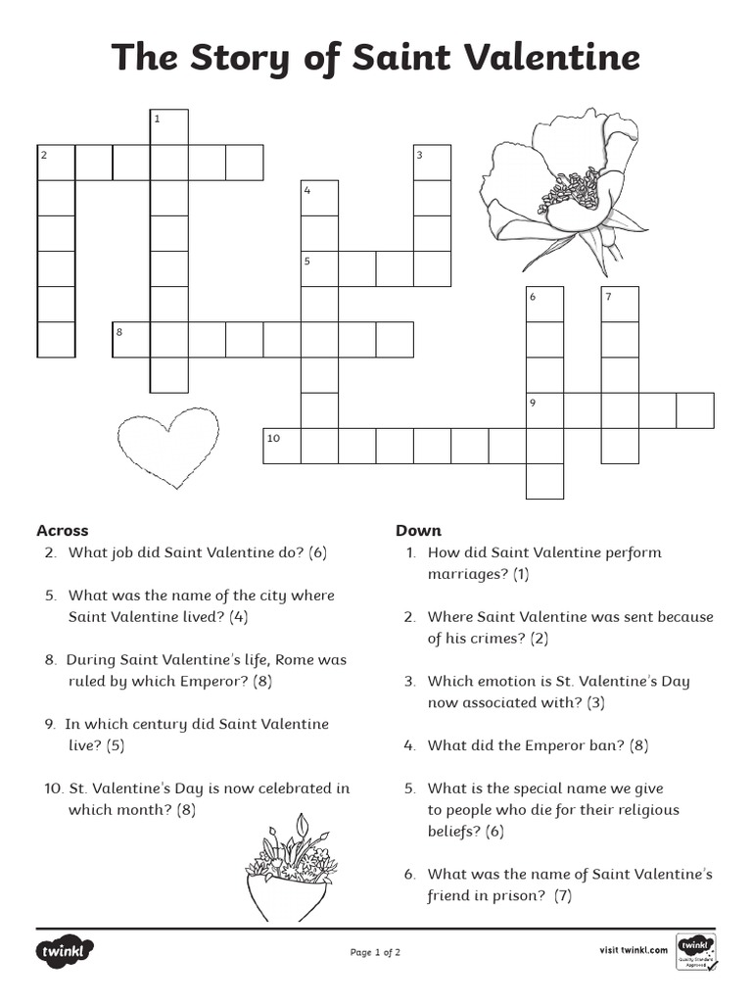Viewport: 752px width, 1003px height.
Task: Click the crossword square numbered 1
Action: [168, 127]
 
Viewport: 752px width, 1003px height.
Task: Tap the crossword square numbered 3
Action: [432, 163]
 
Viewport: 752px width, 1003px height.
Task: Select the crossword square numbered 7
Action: [620, 305]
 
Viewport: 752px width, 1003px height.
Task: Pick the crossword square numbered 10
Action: [282, 446]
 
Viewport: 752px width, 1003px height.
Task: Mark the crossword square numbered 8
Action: [131, 340]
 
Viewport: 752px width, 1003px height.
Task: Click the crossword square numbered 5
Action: [319, 269]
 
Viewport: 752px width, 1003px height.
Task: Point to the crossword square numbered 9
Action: [545, 410]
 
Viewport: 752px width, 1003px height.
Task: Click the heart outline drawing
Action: [167, 447]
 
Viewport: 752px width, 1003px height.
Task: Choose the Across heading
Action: [63, 530]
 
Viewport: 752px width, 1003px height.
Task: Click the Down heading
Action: [418, 530]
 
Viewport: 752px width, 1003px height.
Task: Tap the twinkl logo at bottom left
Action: [66, 951]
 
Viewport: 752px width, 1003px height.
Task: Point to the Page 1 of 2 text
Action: [375, 951]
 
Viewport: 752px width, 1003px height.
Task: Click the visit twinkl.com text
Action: [633, 949]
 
